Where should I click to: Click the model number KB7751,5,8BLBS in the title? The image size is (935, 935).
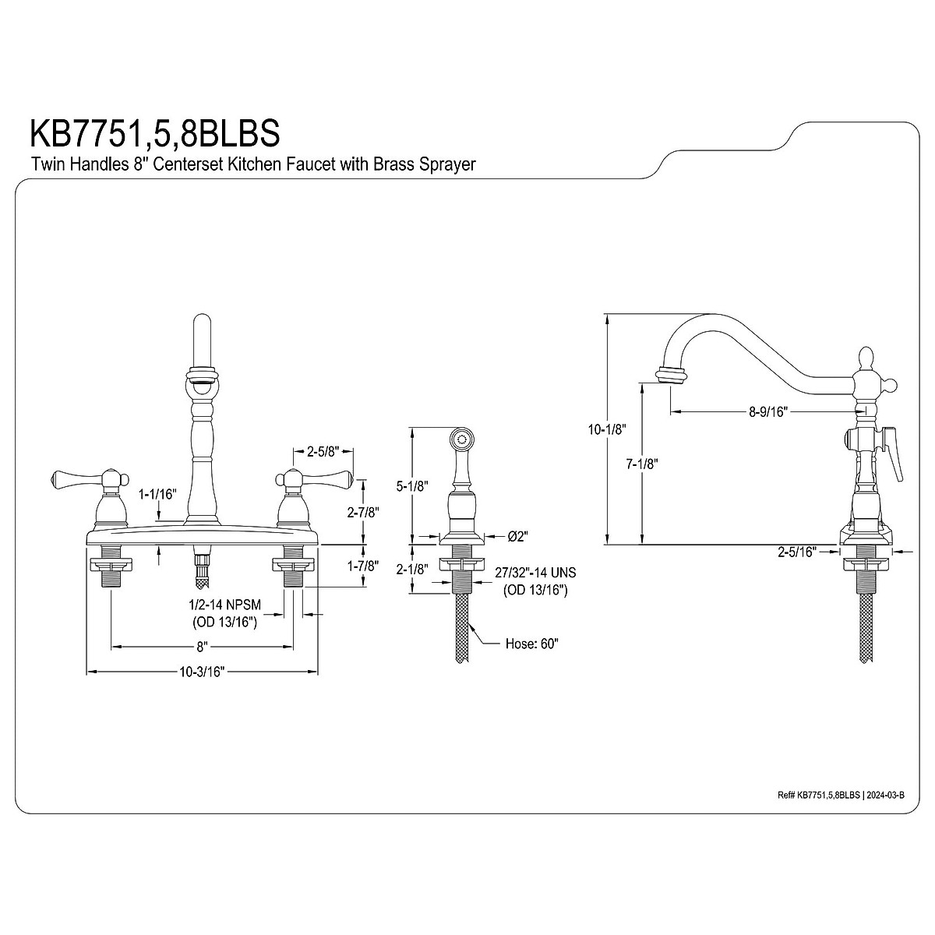click(x=155, y=133)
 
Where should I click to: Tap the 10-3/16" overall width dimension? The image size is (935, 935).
click(x=202, y=672)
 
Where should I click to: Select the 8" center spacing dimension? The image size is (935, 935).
click(x=203, y=646)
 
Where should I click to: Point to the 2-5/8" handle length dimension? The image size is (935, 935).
click(x=323, y=452)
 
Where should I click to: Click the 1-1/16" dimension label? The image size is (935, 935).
click(x=157, y=495)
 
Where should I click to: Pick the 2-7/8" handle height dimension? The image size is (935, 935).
click(x=363, y=512)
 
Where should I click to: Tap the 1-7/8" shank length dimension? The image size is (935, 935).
click(x=363, y=566)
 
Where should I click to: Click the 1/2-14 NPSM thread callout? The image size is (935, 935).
click(x=224, y=605)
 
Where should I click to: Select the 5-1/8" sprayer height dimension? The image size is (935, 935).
click(x=412, y=486)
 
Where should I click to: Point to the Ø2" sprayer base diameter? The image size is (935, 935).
click(x=517, y=536)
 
